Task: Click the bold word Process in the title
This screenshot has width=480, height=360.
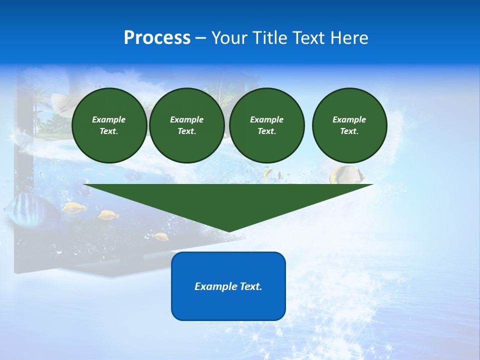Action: coord(157,38)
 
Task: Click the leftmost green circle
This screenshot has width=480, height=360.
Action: coord(109,125)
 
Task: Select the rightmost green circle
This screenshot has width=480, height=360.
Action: coord(349,125)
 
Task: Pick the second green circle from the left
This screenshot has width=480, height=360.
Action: coord(186,125)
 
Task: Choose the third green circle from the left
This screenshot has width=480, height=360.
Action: coord(266,125)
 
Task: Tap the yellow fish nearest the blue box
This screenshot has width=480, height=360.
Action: coord(159,236)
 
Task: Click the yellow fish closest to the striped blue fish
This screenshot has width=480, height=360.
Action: coord(74,207)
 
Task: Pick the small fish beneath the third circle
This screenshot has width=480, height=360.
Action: coord(272,174)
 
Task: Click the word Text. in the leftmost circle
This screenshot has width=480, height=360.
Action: coord(109,131)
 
